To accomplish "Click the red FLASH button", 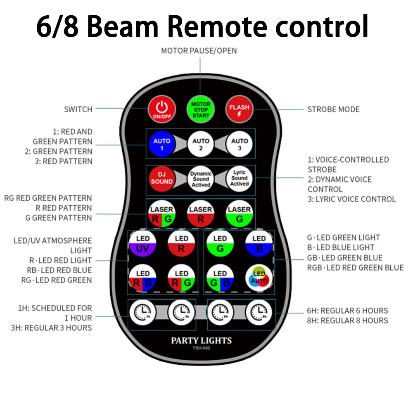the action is click(240, 109).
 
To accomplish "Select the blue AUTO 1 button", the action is click(162, 144).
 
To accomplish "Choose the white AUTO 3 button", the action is click(240, 144).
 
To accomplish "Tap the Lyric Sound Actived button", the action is click(240, 178).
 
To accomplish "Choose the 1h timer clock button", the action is click(143, 311).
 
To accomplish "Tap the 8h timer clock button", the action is click(259, 311).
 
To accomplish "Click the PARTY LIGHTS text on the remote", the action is click(202, 341).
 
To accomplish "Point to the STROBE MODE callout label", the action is click(333, 109).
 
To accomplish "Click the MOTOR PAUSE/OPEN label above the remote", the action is click(199, 51).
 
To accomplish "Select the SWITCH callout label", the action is click(78, 109).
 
